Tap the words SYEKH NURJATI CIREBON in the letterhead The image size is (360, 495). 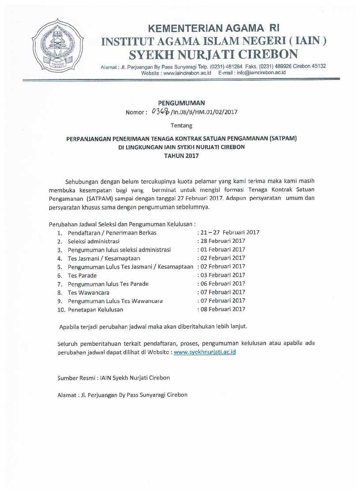coord(213,54)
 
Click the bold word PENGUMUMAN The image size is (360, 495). coord(181,103)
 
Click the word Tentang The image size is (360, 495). coord(181,126)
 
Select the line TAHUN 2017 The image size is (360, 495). coord(181,155)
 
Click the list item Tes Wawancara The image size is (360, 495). coord(89,292)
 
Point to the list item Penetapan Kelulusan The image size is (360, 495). coord(95,309)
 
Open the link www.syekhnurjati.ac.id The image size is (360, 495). coord(205,352)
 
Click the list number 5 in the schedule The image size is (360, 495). coord(59,267)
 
